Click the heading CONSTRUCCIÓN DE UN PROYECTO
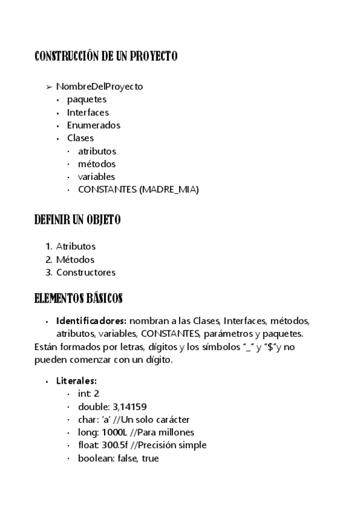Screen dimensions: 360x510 pyautogui.click(x=106, y=57)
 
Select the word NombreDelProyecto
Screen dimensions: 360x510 pyautogui.click(x=99, y=87)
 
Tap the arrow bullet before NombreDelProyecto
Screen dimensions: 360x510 pyautogui.click(x=49, y=87)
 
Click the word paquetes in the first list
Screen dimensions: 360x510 pyautogui.click(x=87, y=99)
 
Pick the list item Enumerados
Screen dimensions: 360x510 pyautogui.click(x=93, y=125)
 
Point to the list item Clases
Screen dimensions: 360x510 pyautogui.click(x=80, y=138)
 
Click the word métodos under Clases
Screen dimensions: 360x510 pyautogui.click(x=96, y=164)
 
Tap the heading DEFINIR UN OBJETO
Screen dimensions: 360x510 pyautogui.click(x=78, y=220)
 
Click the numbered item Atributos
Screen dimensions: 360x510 pyautogui.click(x=76, y=246)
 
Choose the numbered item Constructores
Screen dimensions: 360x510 pyautogui.click(x=86, y=272)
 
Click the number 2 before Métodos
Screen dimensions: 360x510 pyautogui.click(x=49, y=259)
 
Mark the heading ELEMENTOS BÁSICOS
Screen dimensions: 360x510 pyautogui.click(x=78, y=298)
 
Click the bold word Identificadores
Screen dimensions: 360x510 pyautogui.click(x=91, y=321)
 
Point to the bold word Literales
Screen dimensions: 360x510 pyautogui.click(x=76, y=381)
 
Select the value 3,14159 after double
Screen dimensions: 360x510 pyautogui.click(x=129, y=407)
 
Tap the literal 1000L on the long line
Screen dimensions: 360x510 pyautogui.click(x=114, y=432)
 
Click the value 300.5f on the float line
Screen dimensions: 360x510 pyautogui.click(x=113, y=445)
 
